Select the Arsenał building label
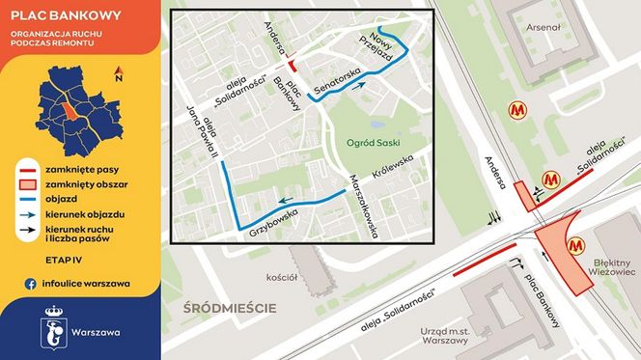(542, 28)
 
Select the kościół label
(282, 278)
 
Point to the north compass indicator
(118, 73)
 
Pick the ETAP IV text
(36, 261)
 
